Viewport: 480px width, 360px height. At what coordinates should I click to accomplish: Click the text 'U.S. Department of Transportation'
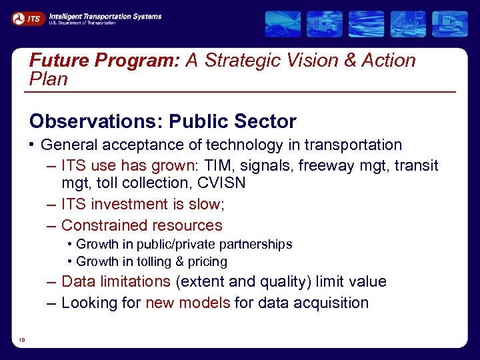82,23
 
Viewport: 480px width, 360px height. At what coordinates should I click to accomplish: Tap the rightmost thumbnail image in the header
450,24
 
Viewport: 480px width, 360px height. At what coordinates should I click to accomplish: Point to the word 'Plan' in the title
49,79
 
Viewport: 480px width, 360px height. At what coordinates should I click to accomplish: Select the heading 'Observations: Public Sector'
163,121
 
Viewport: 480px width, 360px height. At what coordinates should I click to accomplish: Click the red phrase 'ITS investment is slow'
141,204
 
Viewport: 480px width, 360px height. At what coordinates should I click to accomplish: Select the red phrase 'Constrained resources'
141,225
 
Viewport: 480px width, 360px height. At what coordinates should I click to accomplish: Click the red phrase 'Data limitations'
116,281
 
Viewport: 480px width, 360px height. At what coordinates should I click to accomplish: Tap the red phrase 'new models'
187,303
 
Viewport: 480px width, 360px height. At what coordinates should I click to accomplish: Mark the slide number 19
22,341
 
